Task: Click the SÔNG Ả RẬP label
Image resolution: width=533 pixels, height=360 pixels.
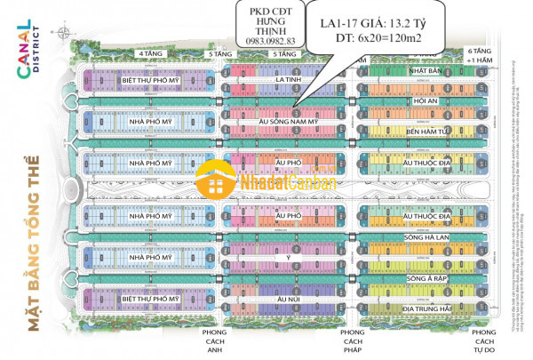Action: (x=424, y=279)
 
